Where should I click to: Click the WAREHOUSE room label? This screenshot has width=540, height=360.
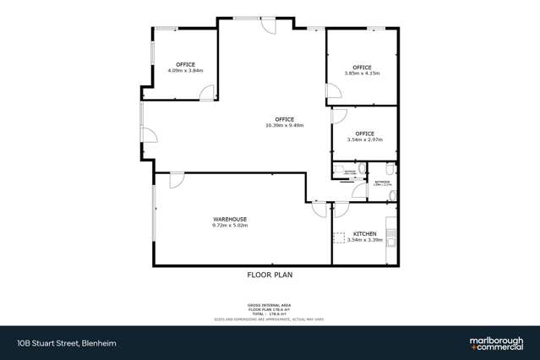point(230,219)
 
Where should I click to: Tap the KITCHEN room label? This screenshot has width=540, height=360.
point(364,233)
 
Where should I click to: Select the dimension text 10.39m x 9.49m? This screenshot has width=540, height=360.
point(283,126)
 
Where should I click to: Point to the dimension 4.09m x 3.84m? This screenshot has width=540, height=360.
point(185,71)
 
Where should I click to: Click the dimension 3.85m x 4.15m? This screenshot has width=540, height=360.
point(362,74)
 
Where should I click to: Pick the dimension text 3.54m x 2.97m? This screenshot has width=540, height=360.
point(364,139)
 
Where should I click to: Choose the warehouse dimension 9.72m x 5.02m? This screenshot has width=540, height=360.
point(230,226)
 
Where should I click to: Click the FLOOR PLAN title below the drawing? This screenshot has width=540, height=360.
point(270,275)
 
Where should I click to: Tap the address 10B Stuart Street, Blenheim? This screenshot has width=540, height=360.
point(56,342)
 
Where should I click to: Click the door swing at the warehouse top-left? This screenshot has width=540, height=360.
point(177,178)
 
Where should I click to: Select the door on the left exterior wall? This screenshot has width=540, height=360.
point(148,135)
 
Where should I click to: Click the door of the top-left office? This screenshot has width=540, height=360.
point(205,96)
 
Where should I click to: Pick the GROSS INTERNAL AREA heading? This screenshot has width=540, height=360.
point(270,305)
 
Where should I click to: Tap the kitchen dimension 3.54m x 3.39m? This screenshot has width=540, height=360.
point(364,240)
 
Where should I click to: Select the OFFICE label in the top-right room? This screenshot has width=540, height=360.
point(362,67)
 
